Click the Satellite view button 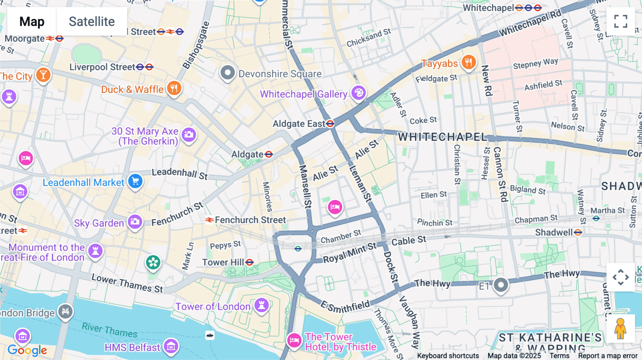pos(92,22)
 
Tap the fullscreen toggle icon pos(621,21)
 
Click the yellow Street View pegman pos(621,329)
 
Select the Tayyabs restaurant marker pos(468,62)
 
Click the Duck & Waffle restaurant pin pos(174,88)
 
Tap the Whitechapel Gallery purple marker pos(358,93)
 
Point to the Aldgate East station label pos(299,124)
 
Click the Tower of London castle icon pos(261,305)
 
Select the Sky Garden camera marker pos(135,222)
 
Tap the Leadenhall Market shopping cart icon pos(135,181)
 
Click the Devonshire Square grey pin pos(228,73)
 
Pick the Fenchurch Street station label pos(250,220)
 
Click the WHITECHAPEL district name pos(442,137)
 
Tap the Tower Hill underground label pos(223,262)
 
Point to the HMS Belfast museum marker pos(171,346)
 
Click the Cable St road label pos(409,241)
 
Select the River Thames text pos(109,330)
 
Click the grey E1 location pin pos(501,285)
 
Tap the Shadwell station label pos(554,232)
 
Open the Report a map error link pos(608,356)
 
